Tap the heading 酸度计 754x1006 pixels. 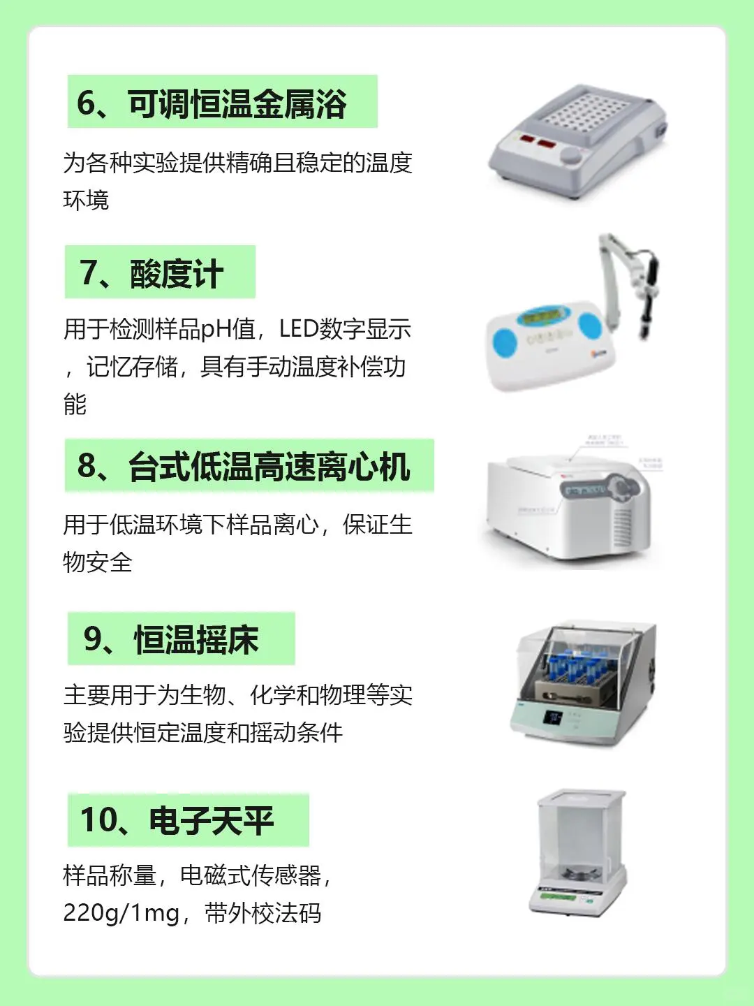(176, 273)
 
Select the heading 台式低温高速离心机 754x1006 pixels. (269, 467)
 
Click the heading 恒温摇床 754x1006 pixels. (196, 639)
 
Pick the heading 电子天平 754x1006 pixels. (211, 820)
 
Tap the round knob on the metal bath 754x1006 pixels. (572, 155)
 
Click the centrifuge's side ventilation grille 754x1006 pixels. (621, 527)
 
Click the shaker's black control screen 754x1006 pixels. (554, 717)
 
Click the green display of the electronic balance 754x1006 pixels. (558, 897)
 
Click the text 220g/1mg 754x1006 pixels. (121, 912)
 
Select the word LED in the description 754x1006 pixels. (299, 328)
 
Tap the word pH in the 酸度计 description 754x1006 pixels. (216, 328)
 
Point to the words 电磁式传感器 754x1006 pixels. (250, 875)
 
